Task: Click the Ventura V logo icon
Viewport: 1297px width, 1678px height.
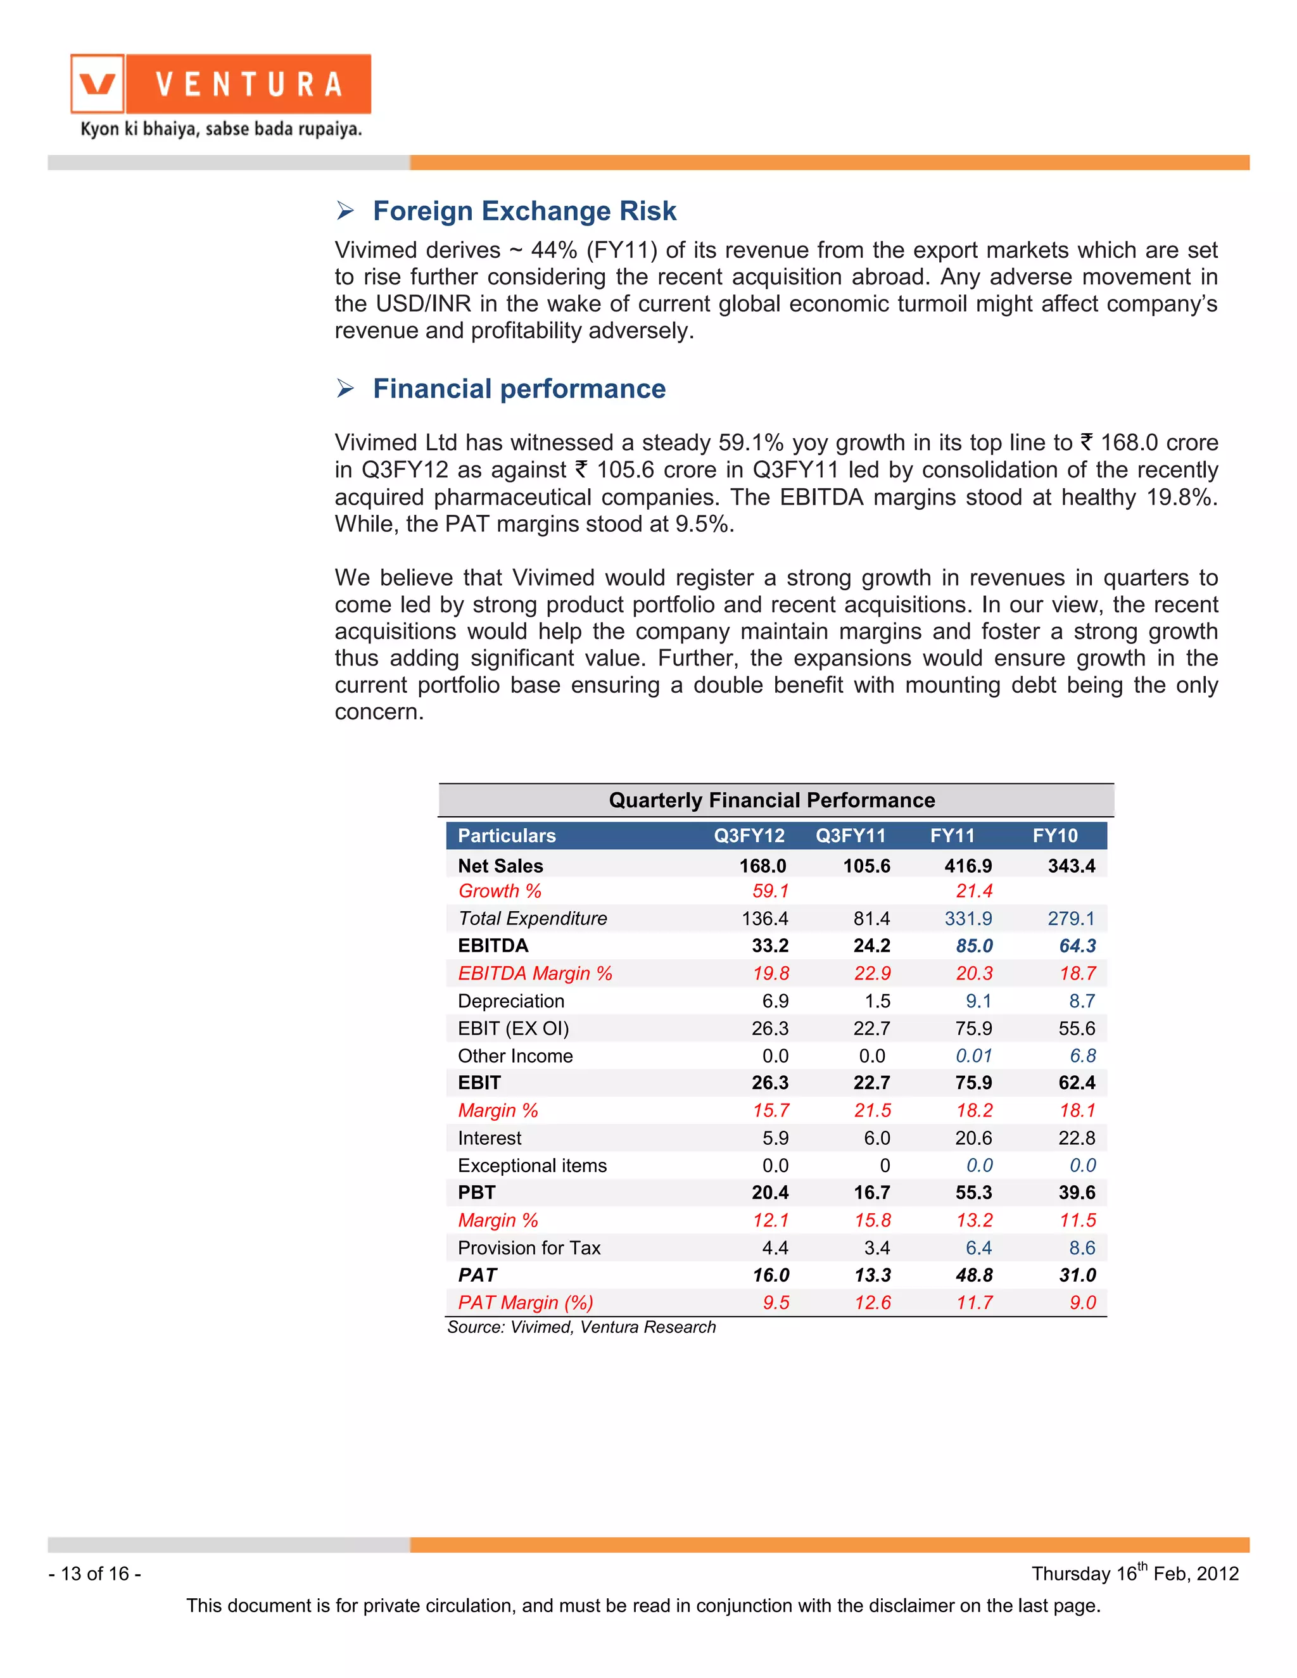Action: tap(98, 84)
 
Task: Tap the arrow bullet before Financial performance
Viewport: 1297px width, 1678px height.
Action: tap(345, 389)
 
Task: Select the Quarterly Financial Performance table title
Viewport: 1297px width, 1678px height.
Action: tap(771, 800)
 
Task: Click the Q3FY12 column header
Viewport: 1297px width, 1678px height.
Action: tap(749, 836)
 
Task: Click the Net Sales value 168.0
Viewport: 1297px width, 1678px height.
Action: tap(762, 866)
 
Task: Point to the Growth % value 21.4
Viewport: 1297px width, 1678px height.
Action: tap(973, 892)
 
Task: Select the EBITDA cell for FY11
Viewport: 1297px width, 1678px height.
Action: tap(973, 946)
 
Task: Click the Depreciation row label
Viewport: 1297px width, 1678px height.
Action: tap(511, 1001)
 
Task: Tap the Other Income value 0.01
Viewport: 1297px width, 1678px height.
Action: tap(973, 1056)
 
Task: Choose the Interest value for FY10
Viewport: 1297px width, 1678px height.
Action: tap(1077, 1138)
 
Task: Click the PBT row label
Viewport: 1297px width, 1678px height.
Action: tap(476, 1192)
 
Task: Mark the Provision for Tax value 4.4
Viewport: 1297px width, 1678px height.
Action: tap(775, 1248)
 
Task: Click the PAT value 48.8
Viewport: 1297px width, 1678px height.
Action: tap(973, 1275)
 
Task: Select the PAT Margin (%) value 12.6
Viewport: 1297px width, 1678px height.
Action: tap(872, 1303)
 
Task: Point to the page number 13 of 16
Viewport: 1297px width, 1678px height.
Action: tap(94, 1574)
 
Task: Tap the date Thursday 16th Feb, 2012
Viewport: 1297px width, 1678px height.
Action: tap(1134, 1574)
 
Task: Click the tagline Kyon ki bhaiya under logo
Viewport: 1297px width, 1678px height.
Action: tap(221, 129)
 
